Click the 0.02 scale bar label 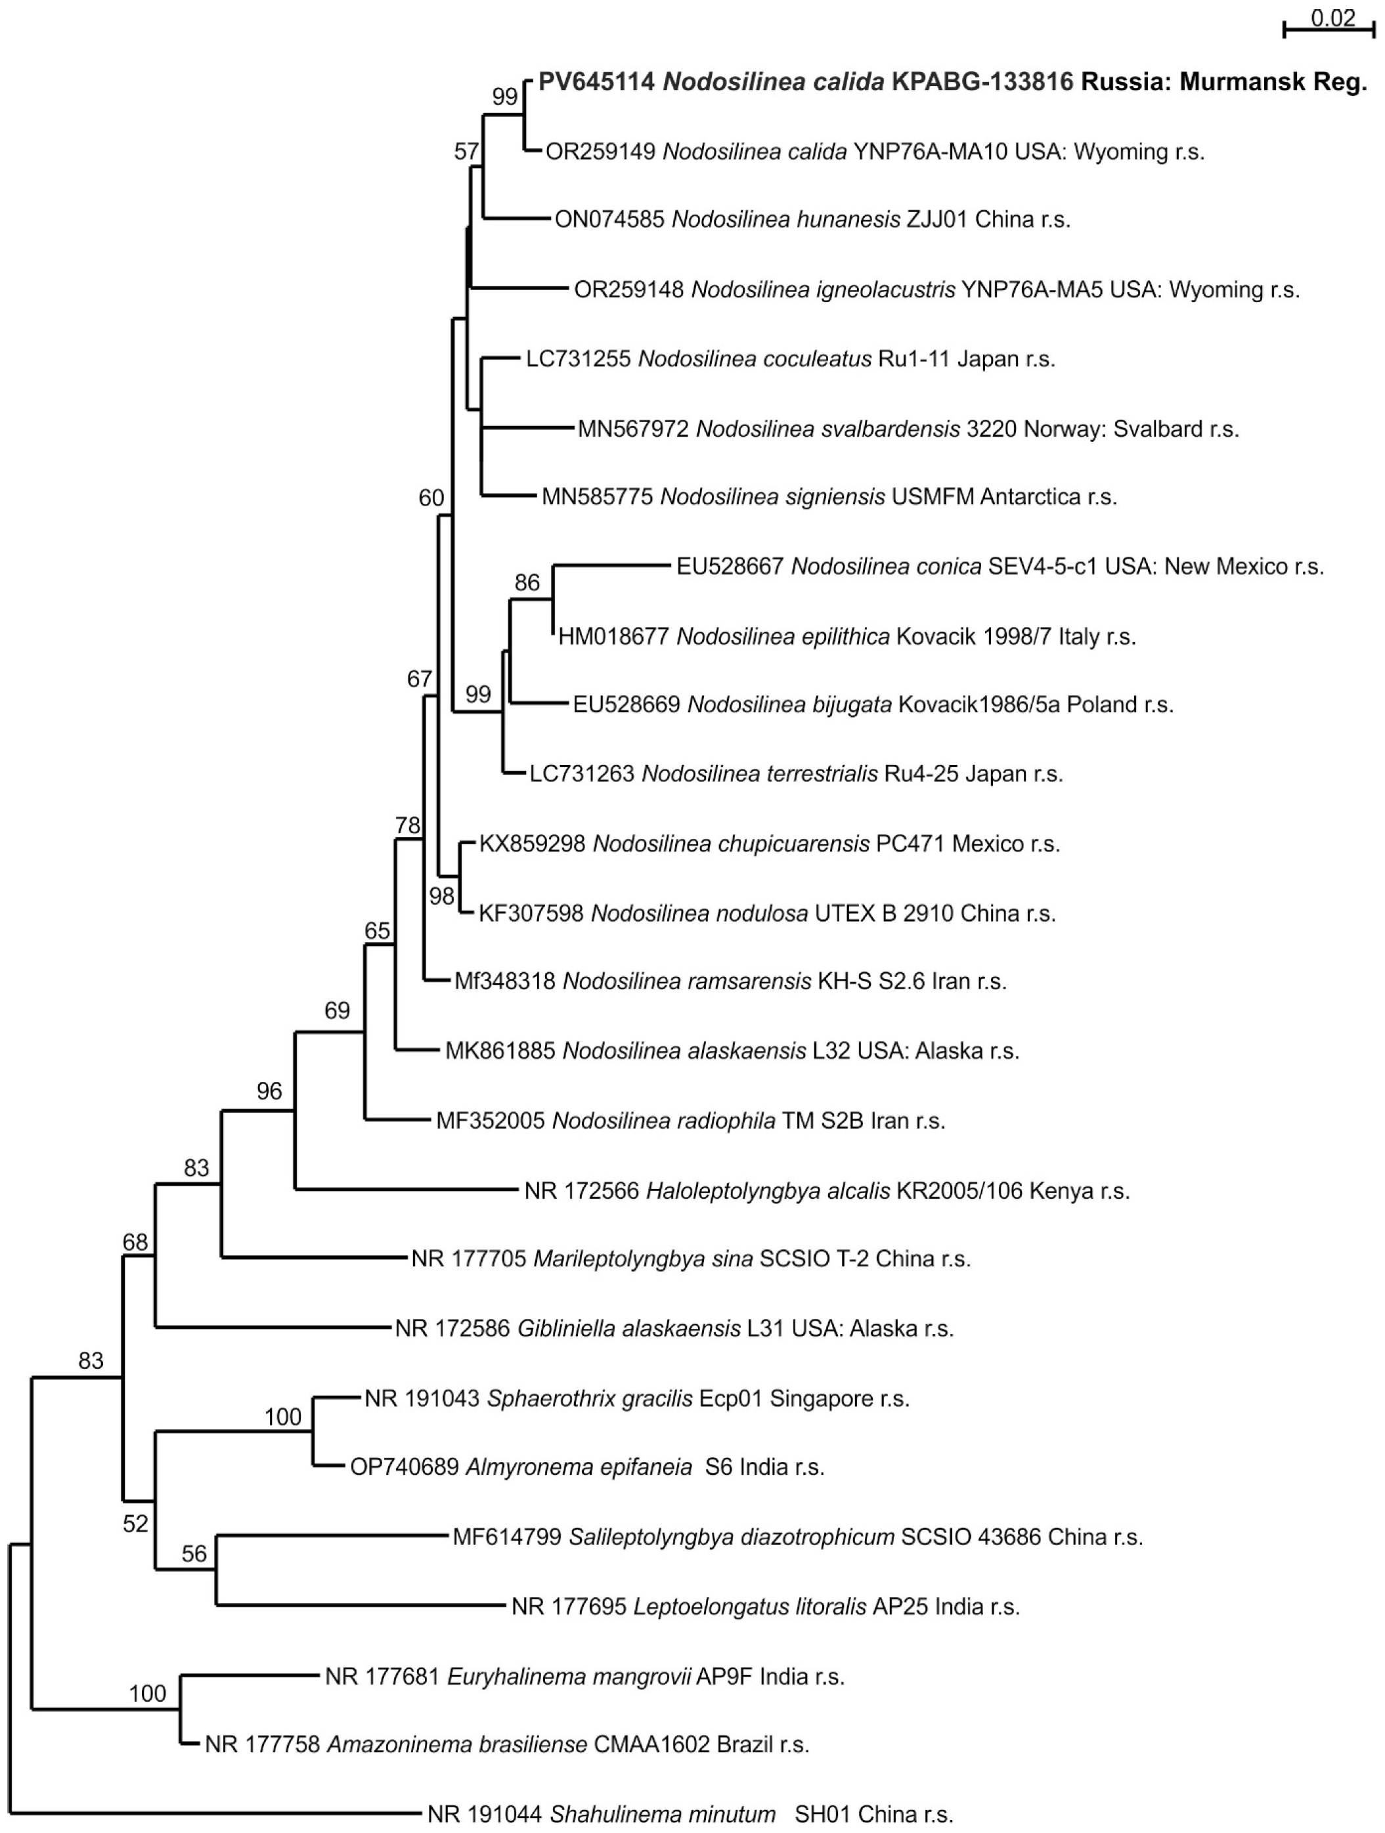[x=1332, y=18]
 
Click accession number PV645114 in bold [x=597, y=82]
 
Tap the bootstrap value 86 [x=527, y=582]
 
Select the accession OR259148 [x=629, y=290]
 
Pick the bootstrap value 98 [x=442, y=895]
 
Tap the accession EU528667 [x=730, y=566]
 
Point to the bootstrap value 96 [x=269, y=1091]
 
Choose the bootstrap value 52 [x=135, y=1523]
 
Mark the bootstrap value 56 [x=194, y=1553]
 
